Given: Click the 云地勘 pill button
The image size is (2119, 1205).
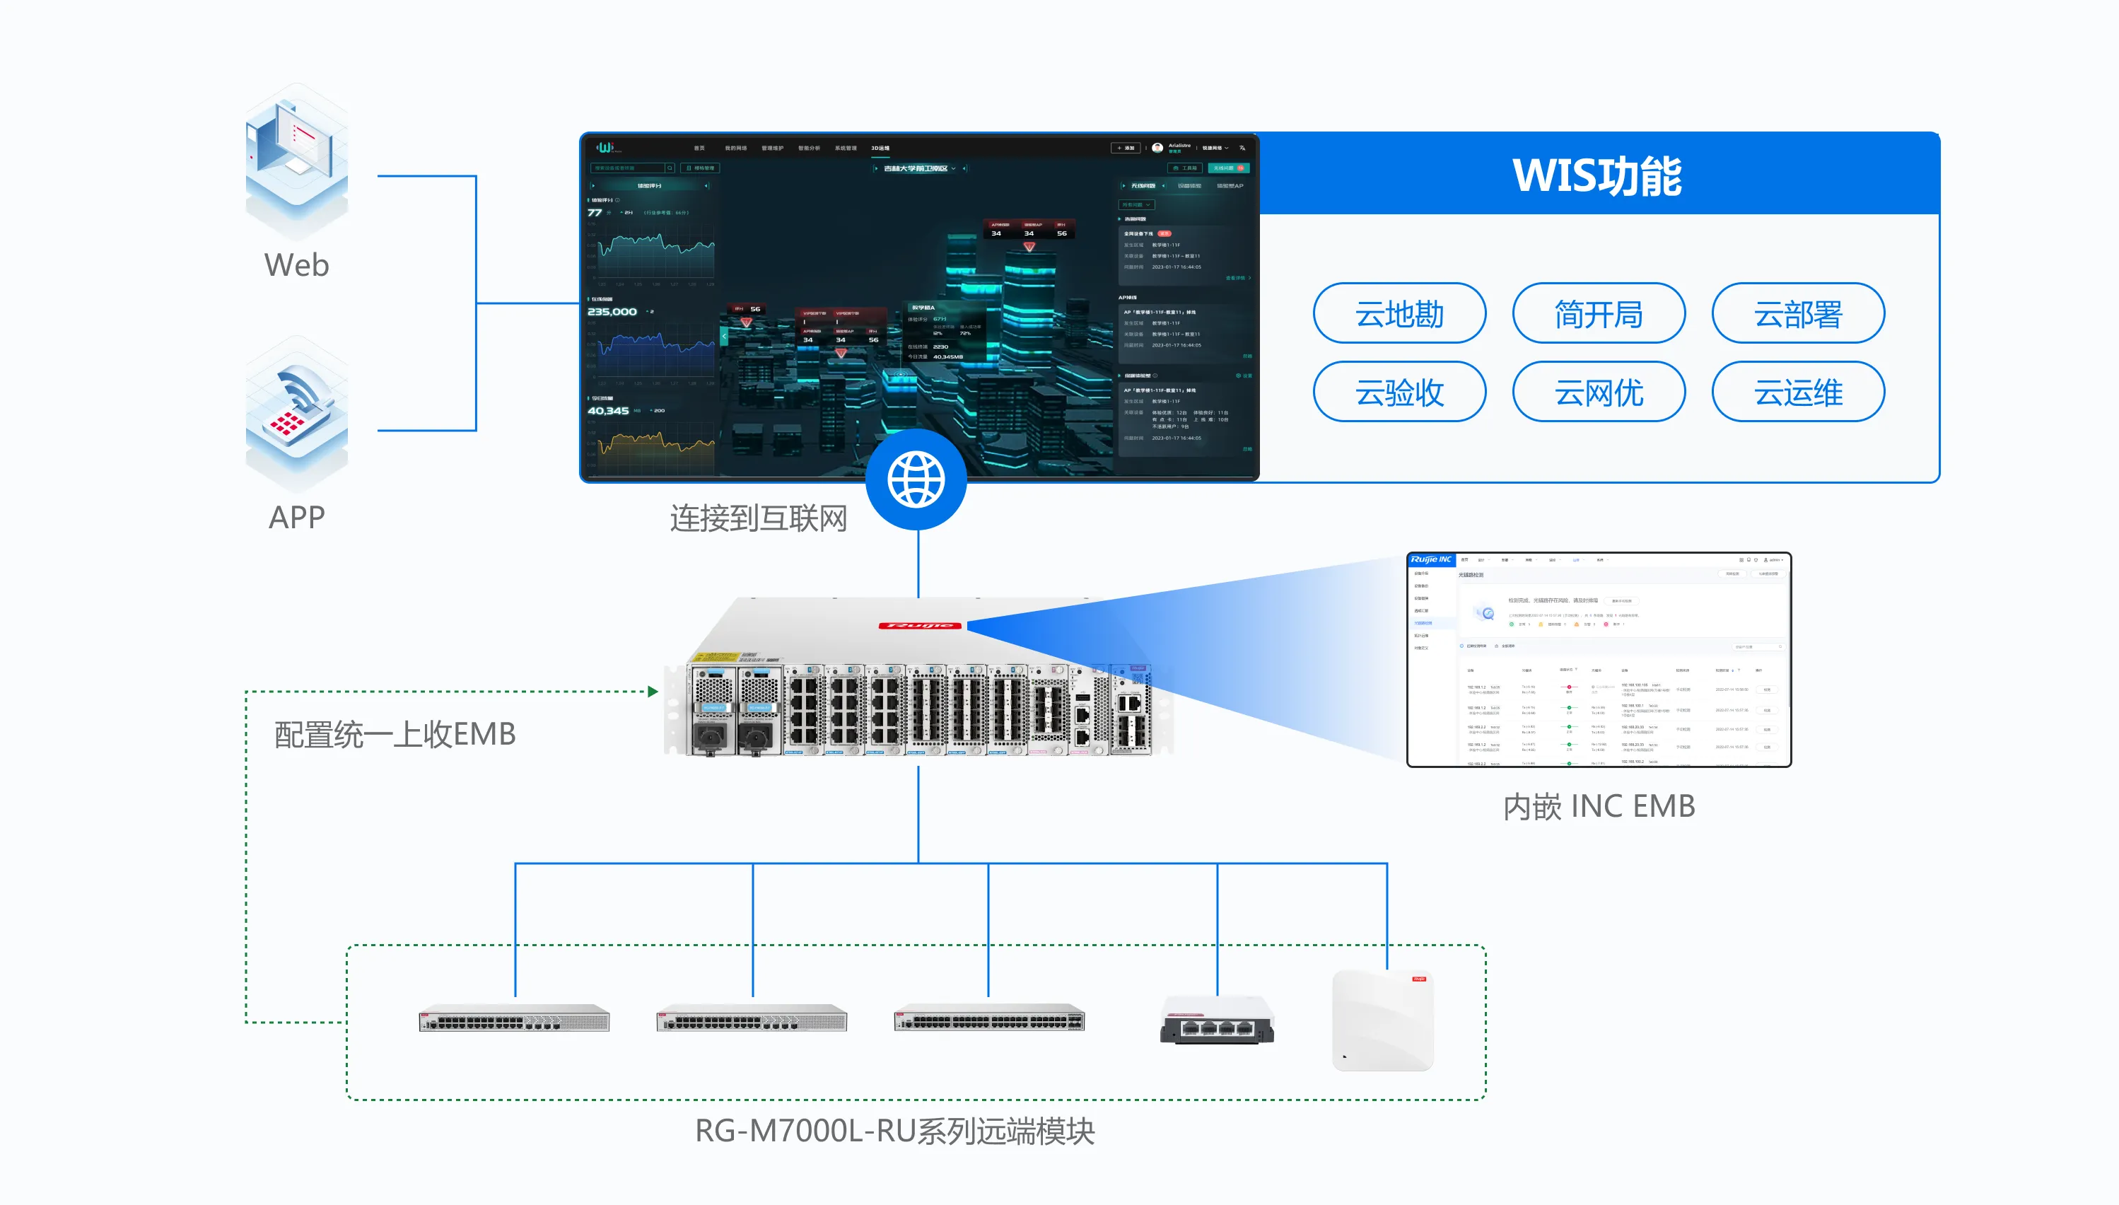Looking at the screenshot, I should (1399, 314).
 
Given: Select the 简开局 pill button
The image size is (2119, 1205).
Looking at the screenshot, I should (1599, 314).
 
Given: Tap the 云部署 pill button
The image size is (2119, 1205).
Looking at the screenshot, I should (1798, 314).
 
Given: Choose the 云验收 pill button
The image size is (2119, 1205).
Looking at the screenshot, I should (1399, 392).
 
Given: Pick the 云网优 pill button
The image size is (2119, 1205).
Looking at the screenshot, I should (1599, 392).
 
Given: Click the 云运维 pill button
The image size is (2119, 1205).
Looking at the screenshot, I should (1798, 392).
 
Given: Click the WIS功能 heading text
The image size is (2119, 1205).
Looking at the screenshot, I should (1597, 175).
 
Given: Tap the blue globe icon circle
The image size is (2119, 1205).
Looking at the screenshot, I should (916, 479).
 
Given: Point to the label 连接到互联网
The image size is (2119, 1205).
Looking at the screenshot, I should (758, 519).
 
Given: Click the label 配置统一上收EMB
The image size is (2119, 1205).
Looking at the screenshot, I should (395, 734).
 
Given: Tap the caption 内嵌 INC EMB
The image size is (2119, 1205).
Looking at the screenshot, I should (1599, 806).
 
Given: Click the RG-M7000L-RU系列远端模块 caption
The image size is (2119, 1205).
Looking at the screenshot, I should (894, 1131).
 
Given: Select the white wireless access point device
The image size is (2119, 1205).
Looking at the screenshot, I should (1382, 1020).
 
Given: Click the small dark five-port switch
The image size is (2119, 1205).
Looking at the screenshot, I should (1217, 1021).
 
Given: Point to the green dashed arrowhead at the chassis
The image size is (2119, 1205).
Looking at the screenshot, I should (653, 691).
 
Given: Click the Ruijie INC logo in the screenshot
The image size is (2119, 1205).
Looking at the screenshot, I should (1430, 560).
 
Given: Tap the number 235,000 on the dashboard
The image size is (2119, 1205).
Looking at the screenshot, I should (612, 312).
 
